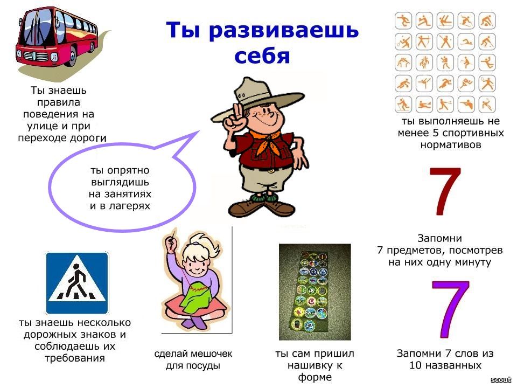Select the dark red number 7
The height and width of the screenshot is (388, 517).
tap(445, 191)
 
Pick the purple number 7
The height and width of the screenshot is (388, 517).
tap(450, 309)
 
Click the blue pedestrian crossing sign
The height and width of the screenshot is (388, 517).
tap(77, 283)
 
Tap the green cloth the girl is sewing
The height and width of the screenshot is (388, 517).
tap(198, 299)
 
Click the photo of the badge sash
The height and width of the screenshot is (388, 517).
tap(315, 292)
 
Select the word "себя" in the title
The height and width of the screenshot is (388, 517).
tap(262, 56)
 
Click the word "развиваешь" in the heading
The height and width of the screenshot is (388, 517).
tap(284, 30)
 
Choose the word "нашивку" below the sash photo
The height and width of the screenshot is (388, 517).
tap(311, 365)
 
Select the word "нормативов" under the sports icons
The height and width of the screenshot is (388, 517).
tap(451, 145)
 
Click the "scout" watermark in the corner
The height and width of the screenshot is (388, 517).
tap(501, 380)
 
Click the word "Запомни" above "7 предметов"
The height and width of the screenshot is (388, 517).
tap(439, 238)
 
